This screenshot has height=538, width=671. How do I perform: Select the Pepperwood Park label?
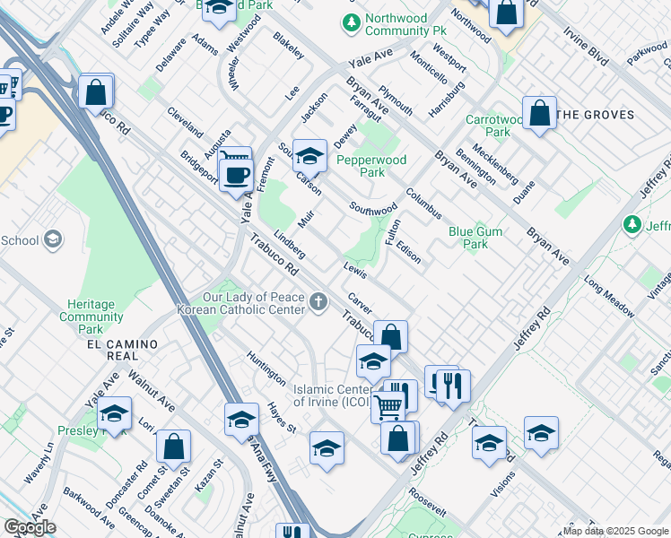click(371, 166)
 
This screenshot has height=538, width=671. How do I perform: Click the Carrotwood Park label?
click(488, 126)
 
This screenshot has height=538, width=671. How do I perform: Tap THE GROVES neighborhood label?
click(595, 115)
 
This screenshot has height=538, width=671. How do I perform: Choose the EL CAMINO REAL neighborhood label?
click(122, 344)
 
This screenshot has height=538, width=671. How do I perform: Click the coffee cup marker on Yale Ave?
click(237, 173)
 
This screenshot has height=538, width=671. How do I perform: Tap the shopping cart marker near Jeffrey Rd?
click(388, 406)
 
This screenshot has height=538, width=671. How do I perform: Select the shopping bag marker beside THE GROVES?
click(539, 114)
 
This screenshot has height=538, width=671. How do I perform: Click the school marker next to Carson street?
click(309, 157)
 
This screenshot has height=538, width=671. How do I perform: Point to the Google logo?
click(30, 527)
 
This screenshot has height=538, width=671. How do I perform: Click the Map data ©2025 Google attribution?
click(616, 531)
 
